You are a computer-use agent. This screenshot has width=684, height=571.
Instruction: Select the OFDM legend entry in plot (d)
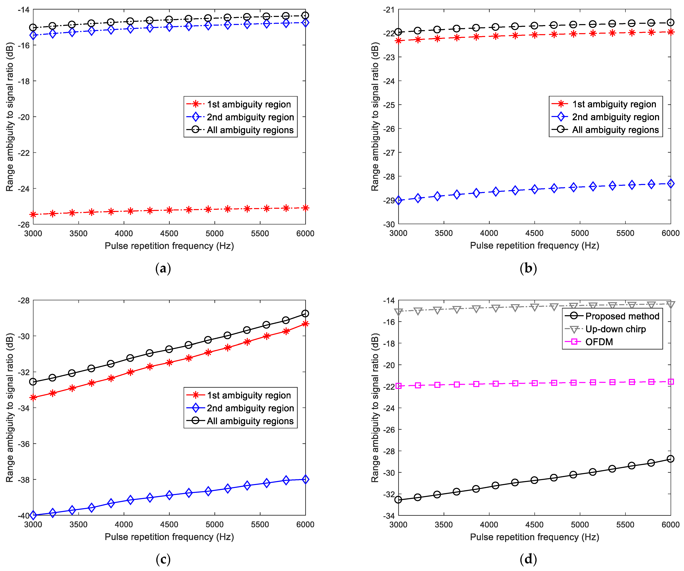[599, 342]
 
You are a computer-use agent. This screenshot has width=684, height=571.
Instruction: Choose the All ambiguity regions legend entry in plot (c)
[250, 421]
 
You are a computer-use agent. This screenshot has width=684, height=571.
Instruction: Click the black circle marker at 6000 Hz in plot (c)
[305, 314]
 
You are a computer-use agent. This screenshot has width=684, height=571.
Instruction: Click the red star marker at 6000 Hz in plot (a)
[305, 208]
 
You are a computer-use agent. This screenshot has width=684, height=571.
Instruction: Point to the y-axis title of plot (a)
[10, 117]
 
